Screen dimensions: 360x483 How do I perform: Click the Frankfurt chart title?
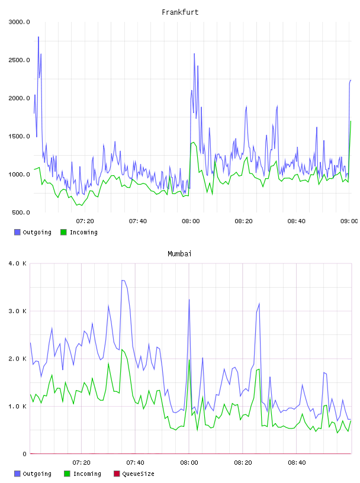[x=180, y=12]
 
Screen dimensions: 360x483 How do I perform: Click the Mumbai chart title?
[x=179, y=254]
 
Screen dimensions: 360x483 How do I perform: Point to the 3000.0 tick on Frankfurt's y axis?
[x=19, y=22]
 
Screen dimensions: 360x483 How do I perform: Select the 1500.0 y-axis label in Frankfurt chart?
[x=19, y=137]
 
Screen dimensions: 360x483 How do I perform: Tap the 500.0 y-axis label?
[x=21, y=212]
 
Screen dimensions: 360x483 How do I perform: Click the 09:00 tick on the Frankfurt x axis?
[x=349, y=221]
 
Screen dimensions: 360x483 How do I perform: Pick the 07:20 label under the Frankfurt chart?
[x=85, y=221]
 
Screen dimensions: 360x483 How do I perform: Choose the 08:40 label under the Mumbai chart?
[x=297, y=463]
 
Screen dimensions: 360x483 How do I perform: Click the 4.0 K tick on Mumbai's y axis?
[x=18, y=263]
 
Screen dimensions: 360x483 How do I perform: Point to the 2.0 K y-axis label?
[x=18, y=359]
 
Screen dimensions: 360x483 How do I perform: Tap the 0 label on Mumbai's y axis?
[x=25, y=454]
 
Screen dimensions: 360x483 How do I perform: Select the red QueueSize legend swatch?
[x=117, y=474]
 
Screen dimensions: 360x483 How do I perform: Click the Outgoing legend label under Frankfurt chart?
[x=37, y=232]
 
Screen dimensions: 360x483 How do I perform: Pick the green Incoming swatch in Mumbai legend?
[x=67, y=474]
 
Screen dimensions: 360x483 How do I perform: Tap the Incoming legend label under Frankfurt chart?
[x=83, y=232]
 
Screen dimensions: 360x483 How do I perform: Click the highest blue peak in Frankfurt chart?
[x=38, y=37]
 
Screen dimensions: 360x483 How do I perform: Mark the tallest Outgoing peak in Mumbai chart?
[x=123, y=281]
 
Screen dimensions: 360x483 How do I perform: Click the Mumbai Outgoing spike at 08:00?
[x=189, y=300]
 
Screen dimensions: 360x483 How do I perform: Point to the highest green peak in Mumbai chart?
[x=122, y=350]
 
